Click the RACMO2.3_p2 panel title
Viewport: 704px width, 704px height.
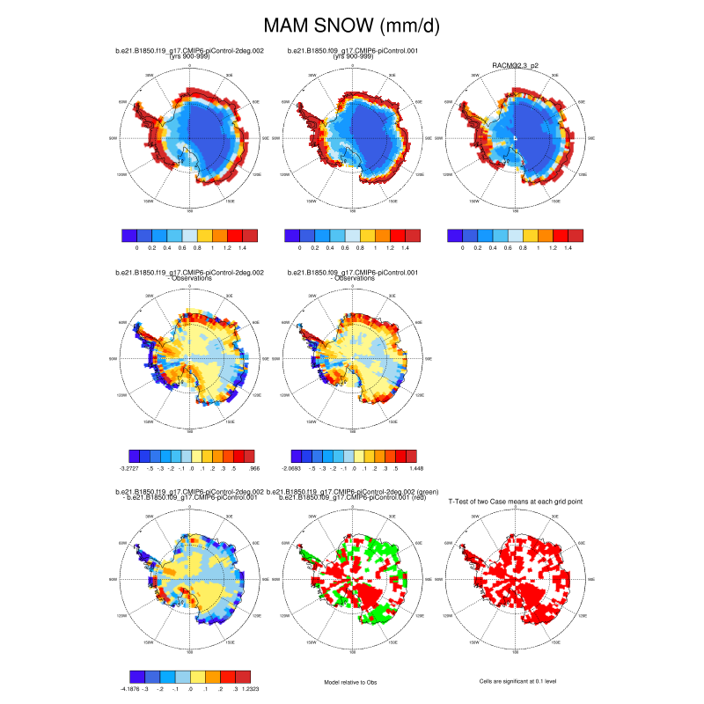point(516,64)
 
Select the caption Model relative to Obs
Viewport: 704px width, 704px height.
point(352,681)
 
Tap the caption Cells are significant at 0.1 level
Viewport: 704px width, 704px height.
point(516,681)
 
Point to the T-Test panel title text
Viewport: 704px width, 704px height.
point(515,501)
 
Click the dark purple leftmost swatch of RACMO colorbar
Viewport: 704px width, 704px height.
point(455,236)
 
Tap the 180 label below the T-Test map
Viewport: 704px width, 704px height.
point(516,652)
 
